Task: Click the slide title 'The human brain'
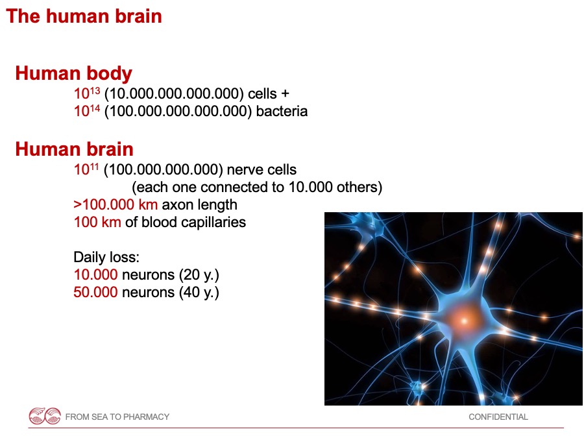(84, 16)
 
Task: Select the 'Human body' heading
(74, 73)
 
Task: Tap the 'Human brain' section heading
(74, 149)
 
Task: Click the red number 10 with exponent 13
(87, 93)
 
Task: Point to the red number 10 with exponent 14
(87, 110)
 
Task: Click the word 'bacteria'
(282, 111)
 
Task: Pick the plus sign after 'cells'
(285, 93)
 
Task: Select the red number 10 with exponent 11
(86, 169)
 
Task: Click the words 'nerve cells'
(262, 169)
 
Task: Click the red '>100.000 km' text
(116, 204)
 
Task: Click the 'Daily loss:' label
(106, 257)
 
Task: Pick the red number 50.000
(96, 293)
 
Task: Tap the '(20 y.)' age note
(199, 275)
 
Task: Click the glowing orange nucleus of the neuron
(464, 319)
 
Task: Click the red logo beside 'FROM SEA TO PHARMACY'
(45, 416)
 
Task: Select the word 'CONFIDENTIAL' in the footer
(498, 417)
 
